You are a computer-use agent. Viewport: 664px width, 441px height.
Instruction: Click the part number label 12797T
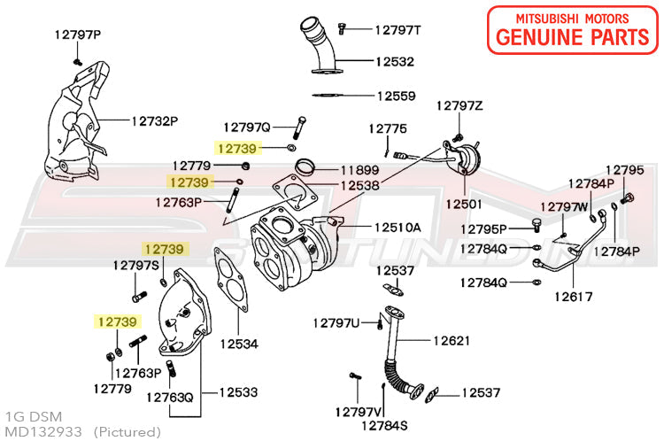(x=398, y=29)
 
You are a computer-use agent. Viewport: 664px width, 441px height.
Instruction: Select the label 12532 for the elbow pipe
(x=394, y=63)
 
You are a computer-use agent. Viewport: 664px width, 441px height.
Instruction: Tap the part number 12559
(x=397, y=95)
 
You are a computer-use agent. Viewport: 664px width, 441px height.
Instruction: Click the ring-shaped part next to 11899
(x=306, y=166)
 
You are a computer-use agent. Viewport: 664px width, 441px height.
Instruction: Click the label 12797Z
(x=459, y=106)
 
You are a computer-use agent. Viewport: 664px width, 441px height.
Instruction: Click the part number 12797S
(x=135, y=265)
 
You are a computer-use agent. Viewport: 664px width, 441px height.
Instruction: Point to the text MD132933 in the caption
(x=43, y=431)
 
